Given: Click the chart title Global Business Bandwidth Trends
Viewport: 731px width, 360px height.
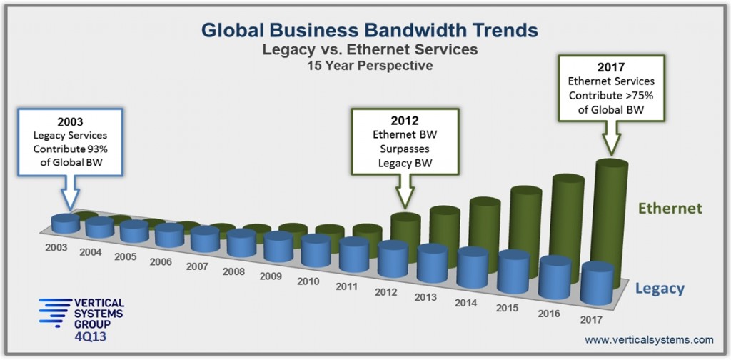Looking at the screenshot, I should click(x=365, y=30).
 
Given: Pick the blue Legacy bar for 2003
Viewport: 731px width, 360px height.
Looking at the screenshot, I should click(x=66, y=223).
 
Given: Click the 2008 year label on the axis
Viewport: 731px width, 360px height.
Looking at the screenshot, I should click(x=233, y=271).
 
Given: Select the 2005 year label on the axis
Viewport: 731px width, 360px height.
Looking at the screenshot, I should click(x=126, y=256).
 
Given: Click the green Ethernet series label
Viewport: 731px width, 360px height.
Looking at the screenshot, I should click(x=670, y=209).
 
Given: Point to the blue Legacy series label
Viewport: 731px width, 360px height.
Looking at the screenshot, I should click(x=660, y=289).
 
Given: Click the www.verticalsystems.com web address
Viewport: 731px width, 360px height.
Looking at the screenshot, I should click(x=649, y=339).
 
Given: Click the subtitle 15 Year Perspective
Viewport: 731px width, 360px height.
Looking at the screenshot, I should click(x=365, y=66).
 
